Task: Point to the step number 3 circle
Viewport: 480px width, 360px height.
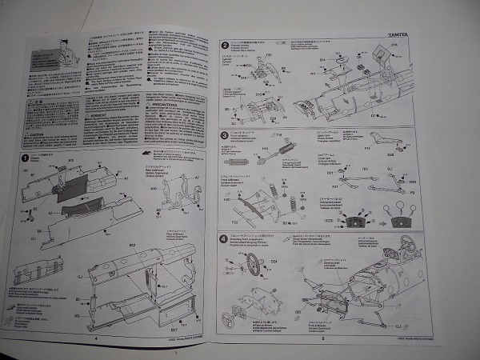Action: (x=225, y=135)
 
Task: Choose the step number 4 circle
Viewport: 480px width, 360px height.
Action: (x=223, y=238)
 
